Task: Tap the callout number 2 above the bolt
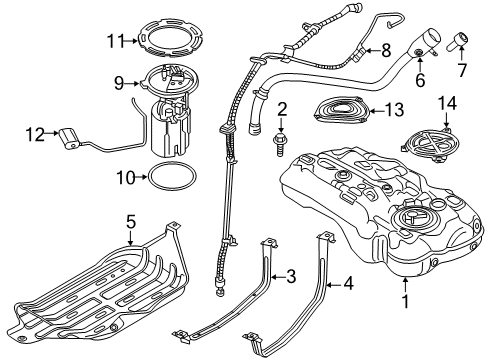point(282,108)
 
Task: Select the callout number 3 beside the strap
point(291,275)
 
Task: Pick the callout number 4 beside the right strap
point(348,284)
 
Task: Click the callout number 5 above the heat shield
point(130,219)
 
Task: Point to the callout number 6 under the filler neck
point(420,79)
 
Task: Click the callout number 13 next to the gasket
point(397,110)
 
